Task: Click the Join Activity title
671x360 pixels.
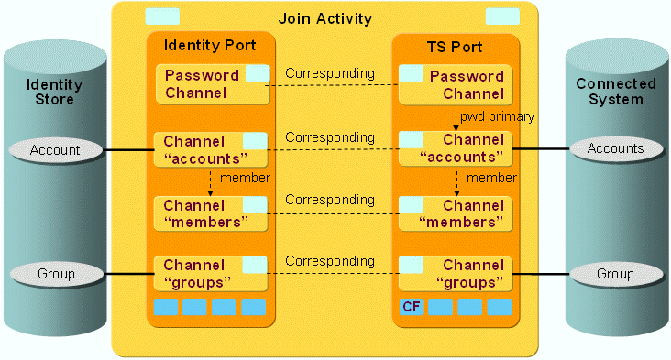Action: pos(325,18)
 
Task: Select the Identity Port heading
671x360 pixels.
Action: pos(209,45)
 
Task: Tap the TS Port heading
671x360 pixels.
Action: pos(455,45)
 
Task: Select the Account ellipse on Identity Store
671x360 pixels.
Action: pos(55,149)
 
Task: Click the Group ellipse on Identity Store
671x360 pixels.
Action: pos(55,273)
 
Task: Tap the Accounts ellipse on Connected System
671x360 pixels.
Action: pos(615,148)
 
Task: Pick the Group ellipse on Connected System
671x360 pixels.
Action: pos(615,273)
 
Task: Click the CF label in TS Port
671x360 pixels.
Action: pos(411,306)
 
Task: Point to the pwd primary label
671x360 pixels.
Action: pos(497,117)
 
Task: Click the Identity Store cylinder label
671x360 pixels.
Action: pos(54,92)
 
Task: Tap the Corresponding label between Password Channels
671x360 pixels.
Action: pos(330,73)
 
